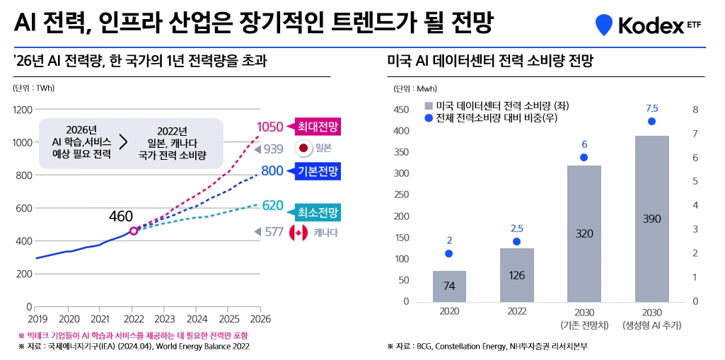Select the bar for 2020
point(449,286)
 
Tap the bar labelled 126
point(516,275)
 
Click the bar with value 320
point(584,233)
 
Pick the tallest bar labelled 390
point(651,219)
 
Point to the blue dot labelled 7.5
point(651,122)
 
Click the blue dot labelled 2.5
point(516,242)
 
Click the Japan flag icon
point(303,149)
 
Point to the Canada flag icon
point(298,232)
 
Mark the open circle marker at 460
point(134,231)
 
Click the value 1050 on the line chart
point(269,127)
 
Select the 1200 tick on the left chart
point(23,110)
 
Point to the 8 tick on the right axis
point(695,110)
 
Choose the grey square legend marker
point(428,105)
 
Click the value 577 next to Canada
point(273,231)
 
